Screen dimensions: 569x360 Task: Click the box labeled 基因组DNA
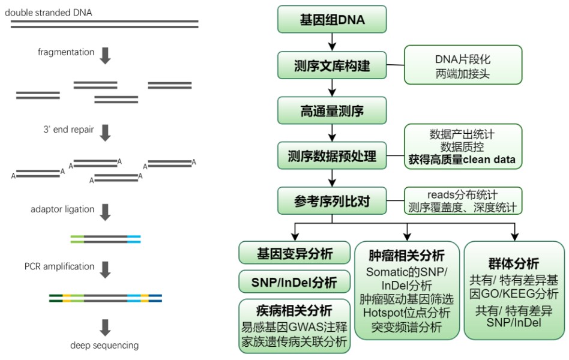(x=332, y=19)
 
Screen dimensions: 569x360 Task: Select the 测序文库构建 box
(x=332, y=65)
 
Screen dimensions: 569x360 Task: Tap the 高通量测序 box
(x=332, y=110)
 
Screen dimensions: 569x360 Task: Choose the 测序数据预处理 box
(x=332, y=155)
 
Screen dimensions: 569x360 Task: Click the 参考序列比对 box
(x=332, y=200)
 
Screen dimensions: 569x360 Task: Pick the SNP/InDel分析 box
(x=294, y=281)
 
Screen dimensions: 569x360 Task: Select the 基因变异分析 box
(x=294, y=253)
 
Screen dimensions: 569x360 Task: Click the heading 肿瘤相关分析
(x=406, y=256)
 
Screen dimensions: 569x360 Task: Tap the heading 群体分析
(x=513, y=263)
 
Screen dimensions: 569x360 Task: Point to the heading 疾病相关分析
(x=294, y=311)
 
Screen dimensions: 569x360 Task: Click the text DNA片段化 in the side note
(x=463, y=59)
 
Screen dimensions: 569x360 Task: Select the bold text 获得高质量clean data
(x=462, y=160)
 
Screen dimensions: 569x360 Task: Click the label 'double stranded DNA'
(x=48, y=13)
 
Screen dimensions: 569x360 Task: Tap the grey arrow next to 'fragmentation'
(x=105, y=56)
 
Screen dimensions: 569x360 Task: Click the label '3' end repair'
(x=68, y=129)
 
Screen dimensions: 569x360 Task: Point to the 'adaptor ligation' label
(x=62, y=209)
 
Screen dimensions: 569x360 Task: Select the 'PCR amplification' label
(x=59, y=266)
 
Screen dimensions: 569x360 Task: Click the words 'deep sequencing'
(x=104, y=345)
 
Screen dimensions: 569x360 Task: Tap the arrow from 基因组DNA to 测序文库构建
(x=332, y=42)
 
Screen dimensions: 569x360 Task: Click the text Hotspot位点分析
(x=406, y=313)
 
